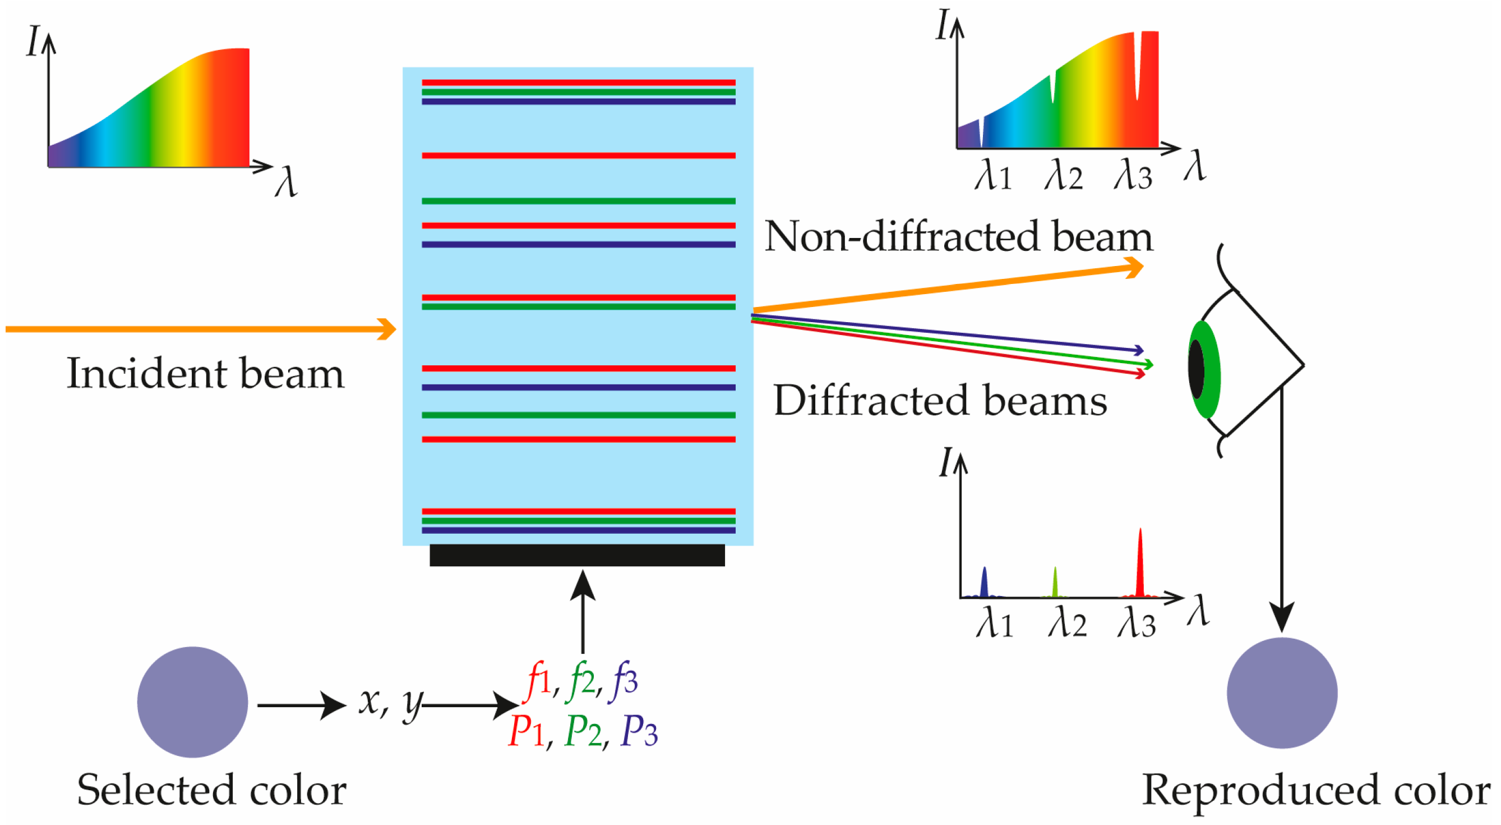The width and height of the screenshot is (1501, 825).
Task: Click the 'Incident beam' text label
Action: [205, 374]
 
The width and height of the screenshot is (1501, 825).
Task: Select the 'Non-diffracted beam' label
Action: [958, 237]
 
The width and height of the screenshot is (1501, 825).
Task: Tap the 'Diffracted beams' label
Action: [940, 401]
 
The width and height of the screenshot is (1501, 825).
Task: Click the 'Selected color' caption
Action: [211, 790]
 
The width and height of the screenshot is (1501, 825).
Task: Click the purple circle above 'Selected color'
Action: [192, 702]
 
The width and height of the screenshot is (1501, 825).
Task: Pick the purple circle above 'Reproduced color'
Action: [1281, 693]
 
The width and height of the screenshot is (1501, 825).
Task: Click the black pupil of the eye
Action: [1195, 369]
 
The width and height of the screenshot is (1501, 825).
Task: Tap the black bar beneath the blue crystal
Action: [577, 555]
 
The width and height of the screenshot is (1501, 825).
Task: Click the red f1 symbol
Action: [538, 680]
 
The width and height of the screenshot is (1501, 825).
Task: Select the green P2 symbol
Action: [583, 731]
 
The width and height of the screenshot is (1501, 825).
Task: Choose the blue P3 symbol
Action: [639, 731]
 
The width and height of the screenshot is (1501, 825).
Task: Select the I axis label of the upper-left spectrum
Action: [34, 42]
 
